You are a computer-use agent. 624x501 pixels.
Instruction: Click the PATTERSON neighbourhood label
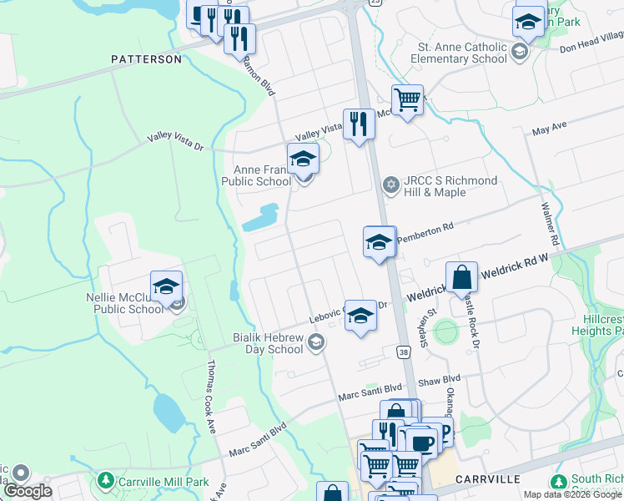[x=147, y=59]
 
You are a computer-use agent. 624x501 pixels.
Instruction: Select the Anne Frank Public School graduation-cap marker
[x=303, y=158]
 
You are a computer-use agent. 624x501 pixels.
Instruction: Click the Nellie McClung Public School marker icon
[x=167, y=287]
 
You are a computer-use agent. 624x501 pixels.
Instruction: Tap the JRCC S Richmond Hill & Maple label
[x=450, y=186]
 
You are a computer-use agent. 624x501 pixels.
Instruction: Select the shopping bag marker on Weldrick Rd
[x=461, y=278]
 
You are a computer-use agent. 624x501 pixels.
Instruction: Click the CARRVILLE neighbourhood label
[x=488, y=479]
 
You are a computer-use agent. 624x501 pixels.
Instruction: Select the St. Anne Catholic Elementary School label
[x=460, y=53]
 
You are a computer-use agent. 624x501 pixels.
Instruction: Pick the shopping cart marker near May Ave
[x=407, y=101]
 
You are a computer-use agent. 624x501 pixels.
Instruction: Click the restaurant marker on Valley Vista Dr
[x=359, y=124]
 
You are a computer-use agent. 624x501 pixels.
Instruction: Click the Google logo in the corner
[x=28, y=491]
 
